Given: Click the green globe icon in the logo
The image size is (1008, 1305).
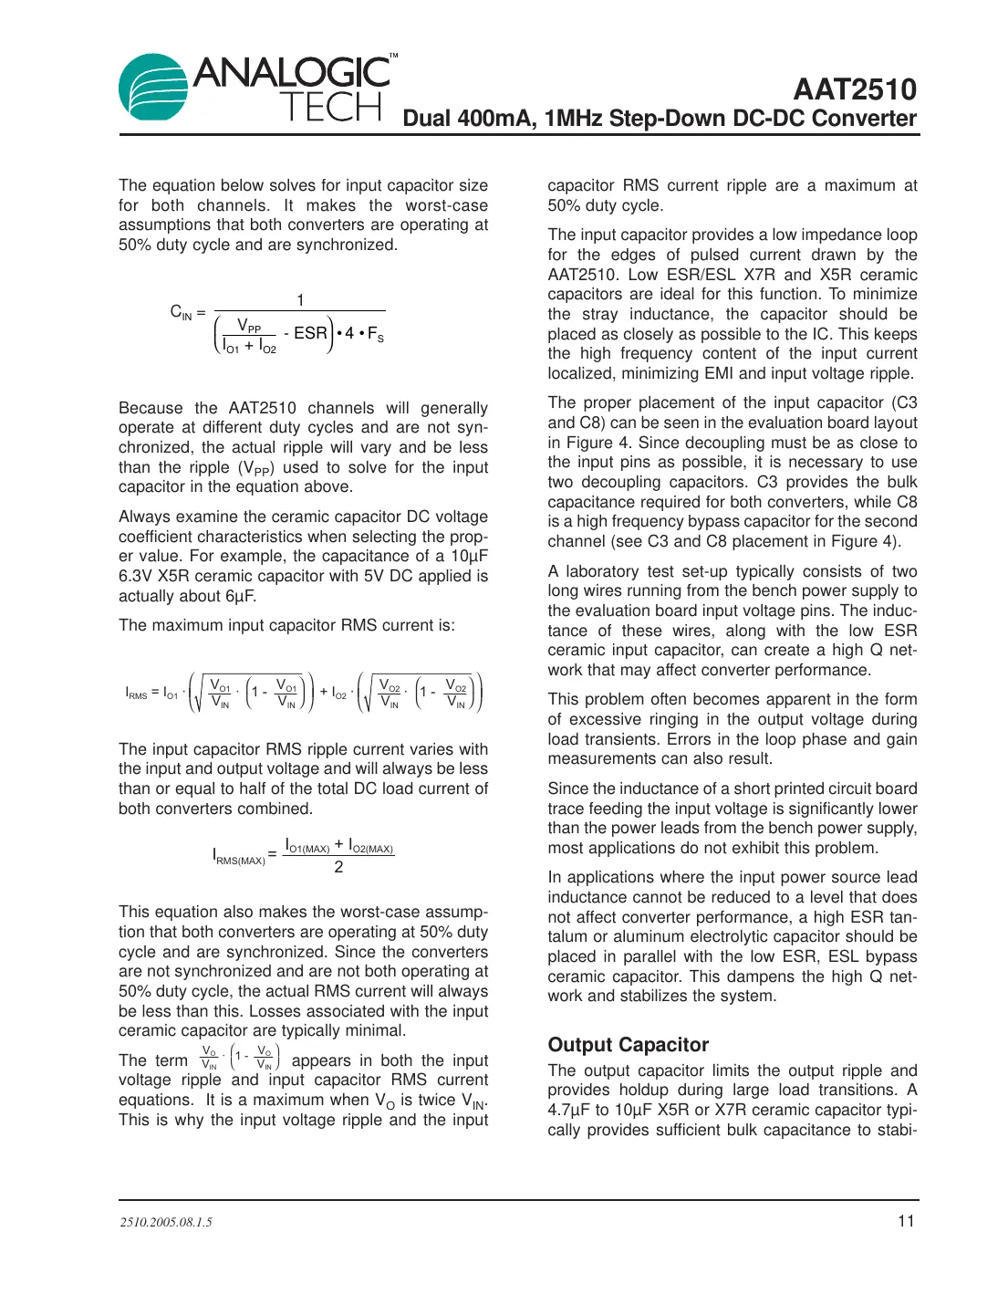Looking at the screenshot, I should (154, 88).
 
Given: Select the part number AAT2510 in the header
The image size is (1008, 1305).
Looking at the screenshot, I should (854, 89).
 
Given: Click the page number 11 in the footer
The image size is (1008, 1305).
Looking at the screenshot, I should (906, 1221).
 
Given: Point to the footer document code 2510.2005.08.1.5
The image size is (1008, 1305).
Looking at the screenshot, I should (166, 1222).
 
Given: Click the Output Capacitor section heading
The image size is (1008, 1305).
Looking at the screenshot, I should (628, 1045).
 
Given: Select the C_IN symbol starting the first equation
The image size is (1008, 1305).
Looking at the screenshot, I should (182, 312).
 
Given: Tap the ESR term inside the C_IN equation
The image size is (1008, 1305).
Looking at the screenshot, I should (310, 333).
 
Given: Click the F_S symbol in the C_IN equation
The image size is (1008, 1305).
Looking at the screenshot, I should (375, 335).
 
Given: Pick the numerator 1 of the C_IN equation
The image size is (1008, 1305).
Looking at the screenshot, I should (300, 300).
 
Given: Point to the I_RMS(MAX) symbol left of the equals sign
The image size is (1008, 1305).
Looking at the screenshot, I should (238, 857).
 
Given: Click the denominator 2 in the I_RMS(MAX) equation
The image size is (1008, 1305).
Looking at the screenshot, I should (338, 867).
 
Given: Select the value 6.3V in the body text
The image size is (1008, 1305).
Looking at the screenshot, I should (137, 576).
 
